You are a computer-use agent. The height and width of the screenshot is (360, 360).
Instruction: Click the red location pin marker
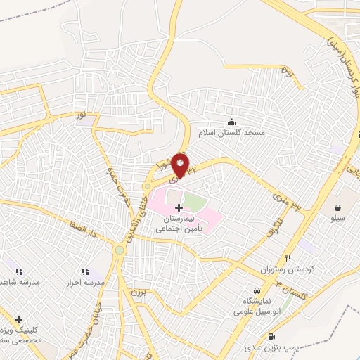click(x=181, y=166)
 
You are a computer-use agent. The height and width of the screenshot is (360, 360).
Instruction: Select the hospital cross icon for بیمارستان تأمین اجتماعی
click(x=179, y=207)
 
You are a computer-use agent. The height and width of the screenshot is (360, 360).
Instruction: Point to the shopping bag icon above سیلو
click(x=339, y=207)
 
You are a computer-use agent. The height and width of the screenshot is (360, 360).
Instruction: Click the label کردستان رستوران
click(x=288, y=270)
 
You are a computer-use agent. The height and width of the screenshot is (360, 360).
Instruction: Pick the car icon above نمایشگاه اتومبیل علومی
click(x=257, y=290)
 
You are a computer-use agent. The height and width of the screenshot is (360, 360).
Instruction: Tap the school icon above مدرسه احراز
click(x=85, y=271)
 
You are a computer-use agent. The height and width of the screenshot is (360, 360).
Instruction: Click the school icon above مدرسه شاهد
click(x=19, y=271)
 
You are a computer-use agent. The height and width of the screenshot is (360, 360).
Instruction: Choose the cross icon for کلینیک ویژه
click(x=19, y=319)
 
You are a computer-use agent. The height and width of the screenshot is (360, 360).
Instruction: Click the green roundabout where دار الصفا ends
click(x=120, y=250)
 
